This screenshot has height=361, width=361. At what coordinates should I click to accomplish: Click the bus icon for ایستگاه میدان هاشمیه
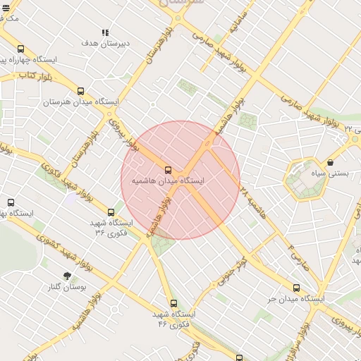point(168,170)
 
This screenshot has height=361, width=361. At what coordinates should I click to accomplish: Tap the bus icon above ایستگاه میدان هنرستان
point(80,91)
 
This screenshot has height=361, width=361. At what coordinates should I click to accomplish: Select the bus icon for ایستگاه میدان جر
point(296,288)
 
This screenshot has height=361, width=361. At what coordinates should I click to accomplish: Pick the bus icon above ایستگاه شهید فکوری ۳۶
point(111,212)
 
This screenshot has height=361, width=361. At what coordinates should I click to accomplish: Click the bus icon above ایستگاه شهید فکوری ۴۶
point(174,303)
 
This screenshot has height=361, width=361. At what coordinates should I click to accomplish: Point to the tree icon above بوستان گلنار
point(67,276)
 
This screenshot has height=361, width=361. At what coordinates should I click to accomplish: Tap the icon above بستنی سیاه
point(330,162)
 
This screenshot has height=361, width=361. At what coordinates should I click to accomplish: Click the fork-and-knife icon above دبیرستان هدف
point(105,32)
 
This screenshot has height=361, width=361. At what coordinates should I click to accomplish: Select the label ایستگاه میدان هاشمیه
point(168,181)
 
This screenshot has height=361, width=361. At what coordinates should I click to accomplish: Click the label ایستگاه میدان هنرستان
point(81,102)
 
